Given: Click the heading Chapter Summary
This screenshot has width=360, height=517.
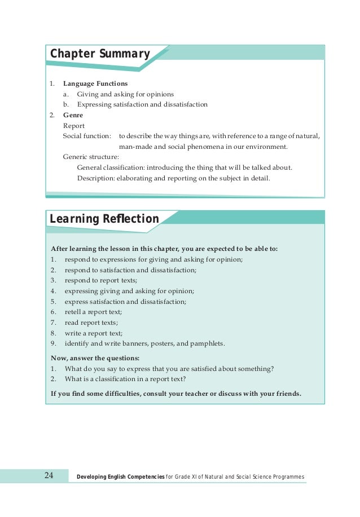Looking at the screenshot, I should (100, 54).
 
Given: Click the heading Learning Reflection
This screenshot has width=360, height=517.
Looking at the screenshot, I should (104, 219).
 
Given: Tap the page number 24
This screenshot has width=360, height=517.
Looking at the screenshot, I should (49, 476).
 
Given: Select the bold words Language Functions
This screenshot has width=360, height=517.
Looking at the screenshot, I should (95, 83).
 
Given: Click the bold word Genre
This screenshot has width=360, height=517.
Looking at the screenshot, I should (73, 115).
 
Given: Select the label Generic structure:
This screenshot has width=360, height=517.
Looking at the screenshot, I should (91, 157).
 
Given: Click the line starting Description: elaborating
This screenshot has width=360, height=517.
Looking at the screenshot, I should (174, 179).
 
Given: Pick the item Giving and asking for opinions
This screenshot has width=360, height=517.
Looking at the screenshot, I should (125, 94).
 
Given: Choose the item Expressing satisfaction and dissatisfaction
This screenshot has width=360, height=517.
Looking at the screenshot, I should (142, 104).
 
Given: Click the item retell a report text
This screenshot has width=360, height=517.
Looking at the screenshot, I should (93, 312).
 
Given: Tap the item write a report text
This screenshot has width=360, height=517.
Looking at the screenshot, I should (93, 333).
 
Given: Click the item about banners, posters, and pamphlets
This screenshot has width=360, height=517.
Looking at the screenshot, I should (144, 343).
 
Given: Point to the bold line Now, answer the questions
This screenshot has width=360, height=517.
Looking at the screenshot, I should (95, 358).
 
